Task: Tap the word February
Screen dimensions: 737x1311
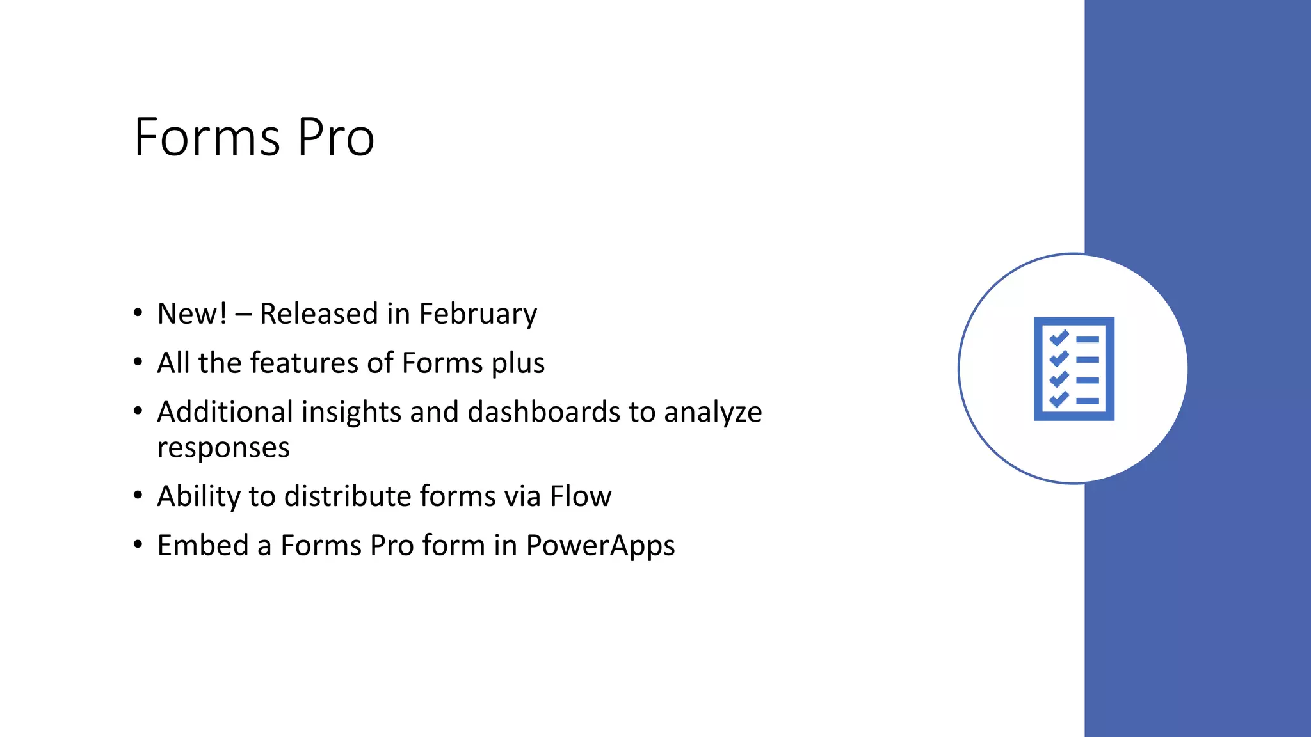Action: (x=478, y=314)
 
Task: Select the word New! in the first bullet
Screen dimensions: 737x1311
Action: (x=192, y=313)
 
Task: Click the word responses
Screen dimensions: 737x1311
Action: (x=223, y=448)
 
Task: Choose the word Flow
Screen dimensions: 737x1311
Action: (x=581, y=496)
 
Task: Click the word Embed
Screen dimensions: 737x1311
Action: (x=203, y=546)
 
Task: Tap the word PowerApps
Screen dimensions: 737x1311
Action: (x=600, y=546)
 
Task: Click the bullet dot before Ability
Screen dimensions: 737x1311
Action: (x=138, y=495)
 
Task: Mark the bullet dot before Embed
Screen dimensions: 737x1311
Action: (x=138, y=544)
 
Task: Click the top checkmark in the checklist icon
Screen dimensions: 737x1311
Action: (x=1059, y=338)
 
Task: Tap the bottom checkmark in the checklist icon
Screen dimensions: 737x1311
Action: (x=1059, y=400)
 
